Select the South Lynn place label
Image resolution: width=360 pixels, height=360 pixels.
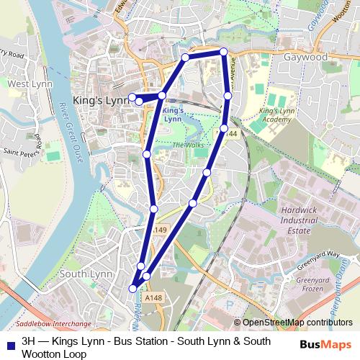click(x=84, y=274)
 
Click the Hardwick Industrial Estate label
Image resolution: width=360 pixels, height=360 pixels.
click(x=294, y=221)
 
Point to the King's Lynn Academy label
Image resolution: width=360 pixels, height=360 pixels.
click(x=278, y=116)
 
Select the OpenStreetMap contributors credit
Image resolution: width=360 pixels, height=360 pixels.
click(x=297, y=323)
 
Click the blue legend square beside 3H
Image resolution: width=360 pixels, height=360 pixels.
click(x=10, y=341)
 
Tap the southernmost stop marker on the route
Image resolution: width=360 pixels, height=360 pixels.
click(x=132, y=289)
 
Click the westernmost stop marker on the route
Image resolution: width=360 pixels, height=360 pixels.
click(x=132, y=96)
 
